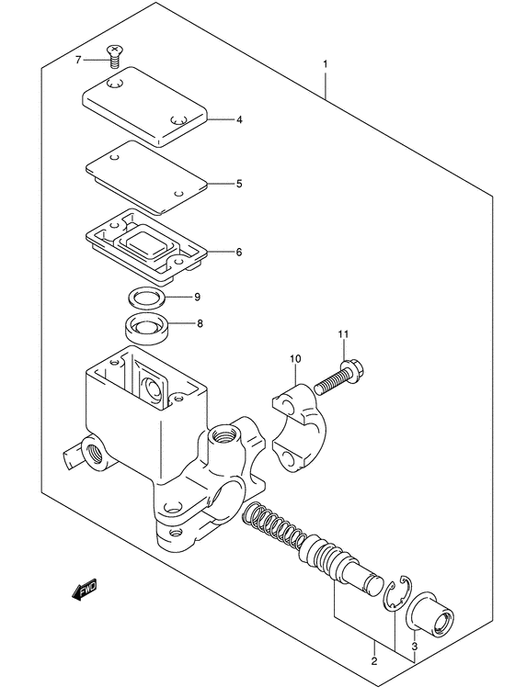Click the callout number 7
pos(78,60)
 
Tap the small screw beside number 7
pos(116,56)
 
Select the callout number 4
pos(239,119)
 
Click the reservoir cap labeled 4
pos(145,107)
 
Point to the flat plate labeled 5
pos(147,177)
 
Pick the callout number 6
pos(239,252)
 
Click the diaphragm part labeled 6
pos(146,246)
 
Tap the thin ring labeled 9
pos(146,297)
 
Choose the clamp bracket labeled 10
pos(299,428)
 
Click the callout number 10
pos(295,358)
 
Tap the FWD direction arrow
pos(85,591)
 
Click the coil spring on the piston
pos(275,525)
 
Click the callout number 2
pos(374,660)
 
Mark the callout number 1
pos(326,64)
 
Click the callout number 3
pos(414,647)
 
